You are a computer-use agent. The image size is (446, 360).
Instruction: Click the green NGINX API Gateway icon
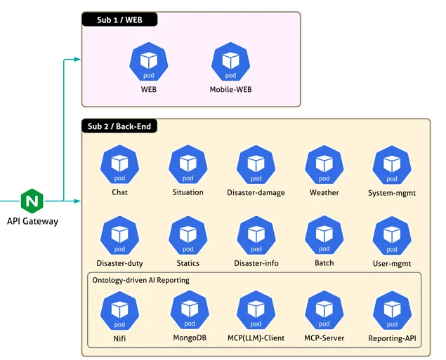point(32,201)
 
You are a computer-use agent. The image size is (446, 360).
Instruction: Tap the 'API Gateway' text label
point(32,221)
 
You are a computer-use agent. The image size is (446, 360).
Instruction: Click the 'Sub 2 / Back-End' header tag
point(119,127)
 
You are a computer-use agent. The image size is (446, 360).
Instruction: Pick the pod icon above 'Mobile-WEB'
point(230,62)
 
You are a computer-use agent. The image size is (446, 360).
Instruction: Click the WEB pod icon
point(149,62)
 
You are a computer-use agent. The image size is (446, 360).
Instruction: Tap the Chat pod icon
point(120,165)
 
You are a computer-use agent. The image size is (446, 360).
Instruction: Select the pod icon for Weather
point(324,165)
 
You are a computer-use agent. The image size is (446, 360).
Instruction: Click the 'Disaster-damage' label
point(256,192)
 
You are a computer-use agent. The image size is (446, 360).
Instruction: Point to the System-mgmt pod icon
point(392,165)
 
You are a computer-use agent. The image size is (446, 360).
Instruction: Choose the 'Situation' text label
point(188,192)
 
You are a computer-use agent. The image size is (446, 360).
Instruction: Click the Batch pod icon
point(324,236)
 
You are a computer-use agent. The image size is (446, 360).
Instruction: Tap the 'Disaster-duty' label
point(120,263)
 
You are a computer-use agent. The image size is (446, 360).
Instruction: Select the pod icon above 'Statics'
point(188,236)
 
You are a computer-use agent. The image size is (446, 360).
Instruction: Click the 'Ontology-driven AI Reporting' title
point(141,280)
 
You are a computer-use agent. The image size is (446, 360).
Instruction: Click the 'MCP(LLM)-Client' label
point(256,338)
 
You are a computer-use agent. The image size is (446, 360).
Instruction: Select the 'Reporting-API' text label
point(392,338)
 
